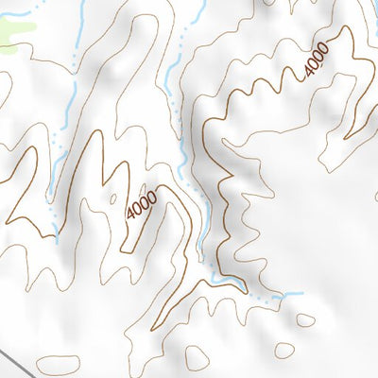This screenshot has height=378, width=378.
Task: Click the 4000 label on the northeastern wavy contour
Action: (x=316, y=61)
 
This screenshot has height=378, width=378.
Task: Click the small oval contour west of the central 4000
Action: (x=113, y=199)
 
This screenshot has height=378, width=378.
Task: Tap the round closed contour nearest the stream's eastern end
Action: (x=304, y=320)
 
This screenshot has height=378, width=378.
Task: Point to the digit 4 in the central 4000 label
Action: (x=130, y=215)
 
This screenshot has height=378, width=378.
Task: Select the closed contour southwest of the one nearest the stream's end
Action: (x=284, y=351)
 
